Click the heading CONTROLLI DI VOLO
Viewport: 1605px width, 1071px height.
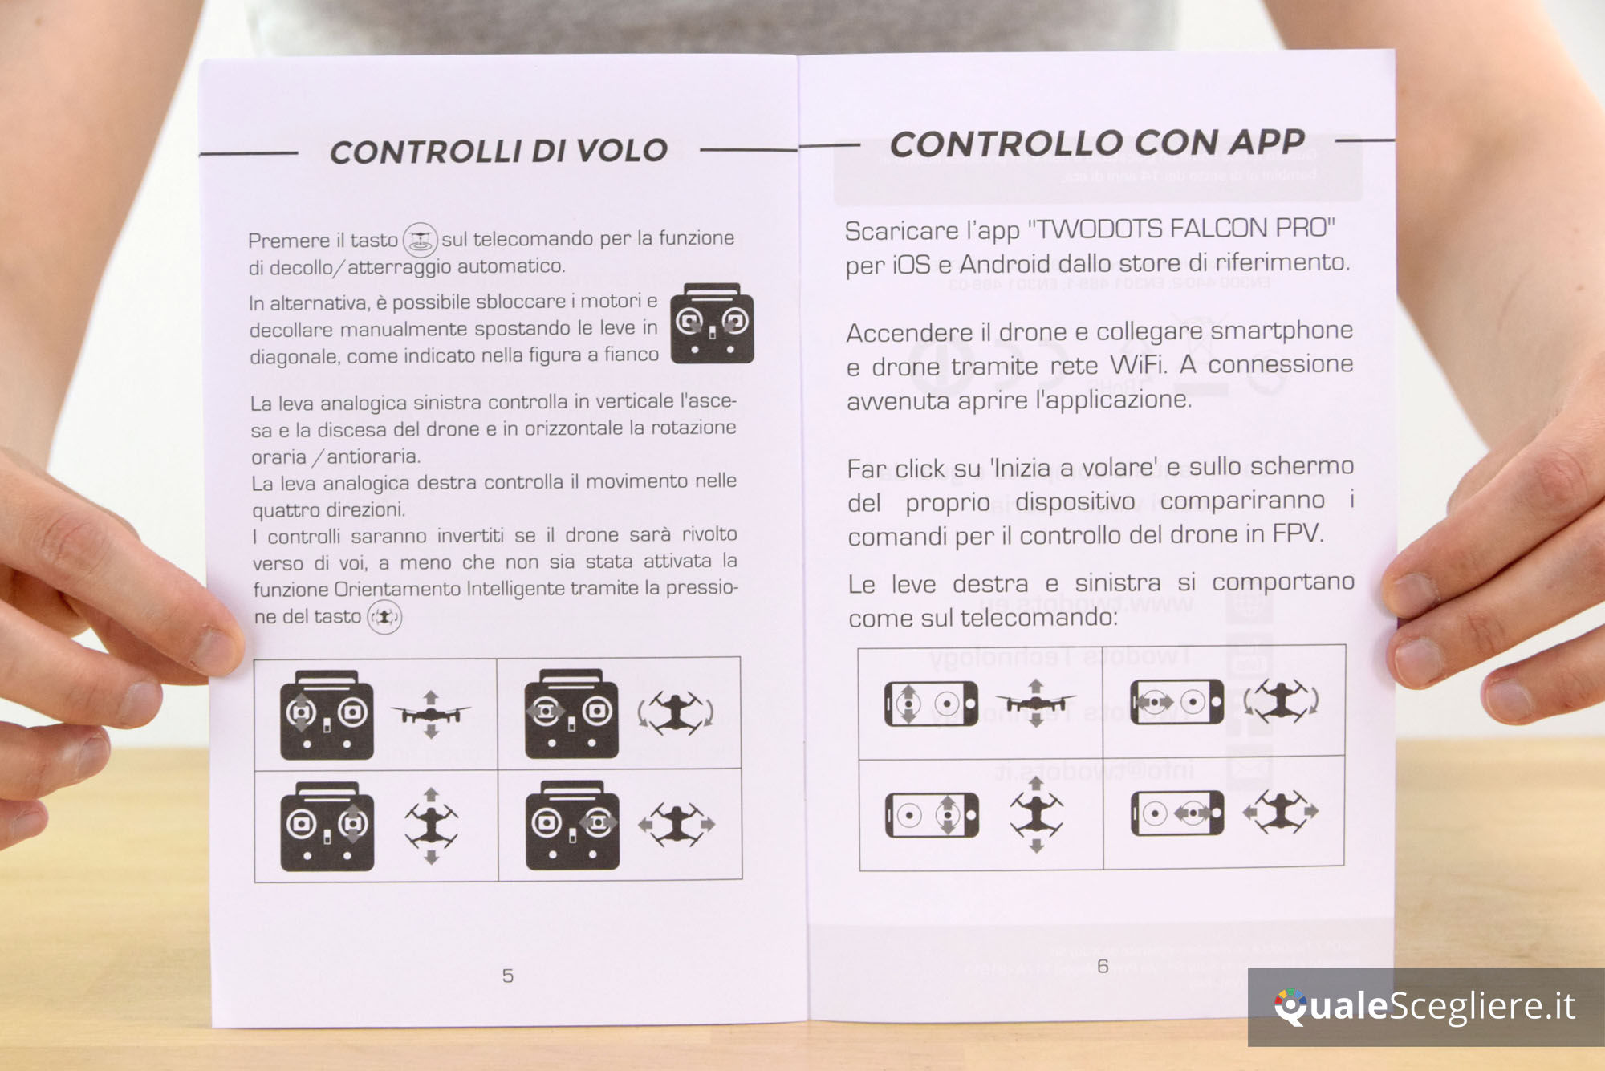coord(498,151)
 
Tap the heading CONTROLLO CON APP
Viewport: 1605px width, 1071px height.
coord(1097,143)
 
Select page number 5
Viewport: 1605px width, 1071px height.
coord(507,976)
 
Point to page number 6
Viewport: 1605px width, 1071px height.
coord(1103,966)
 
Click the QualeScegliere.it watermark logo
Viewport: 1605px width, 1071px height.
coord(1424,1006)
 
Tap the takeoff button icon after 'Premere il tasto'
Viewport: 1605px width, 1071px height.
coord(420,239)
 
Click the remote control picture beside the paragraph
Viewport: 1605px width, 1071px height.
coord(712,323)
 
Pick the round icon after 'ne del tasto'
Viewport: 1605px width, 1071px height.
coord(384,617)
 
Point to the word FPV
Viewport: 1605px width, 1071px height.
coord(1297,533)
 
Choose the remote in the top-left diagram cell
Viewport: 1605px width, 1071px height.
coord(327,715)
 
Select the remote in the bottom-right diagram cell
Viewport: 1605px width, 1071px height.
coord(572,826)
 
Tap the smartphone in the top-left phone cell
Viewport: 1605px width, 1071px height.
coord(931,704)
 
